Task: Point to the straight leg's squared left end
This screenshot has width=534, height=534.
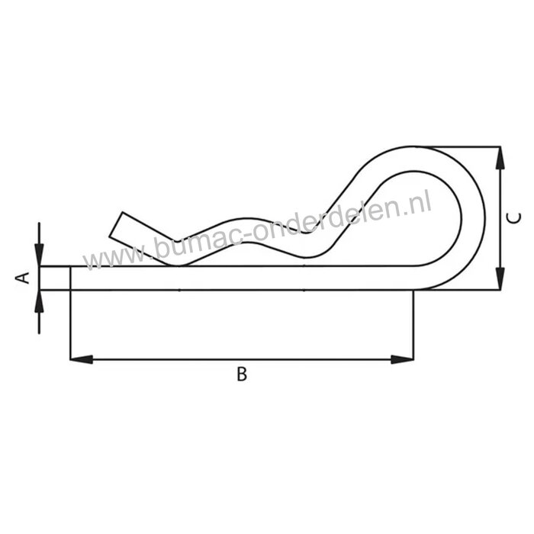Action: [72, 278]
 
